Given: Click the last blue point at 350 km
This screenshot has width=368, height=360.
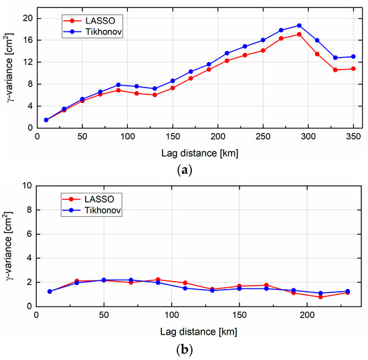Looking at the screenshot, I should point(353,56).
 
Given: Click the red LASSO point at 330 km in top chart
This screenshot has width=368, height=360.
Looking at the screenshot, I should point(335,70).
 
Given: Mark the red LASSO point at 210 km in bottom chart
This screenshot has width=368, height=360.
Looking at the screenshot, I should point(320,296).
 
